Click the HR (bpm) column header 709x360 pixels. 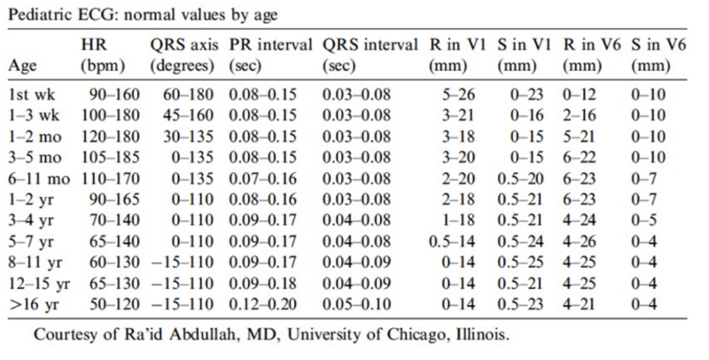(103, 55)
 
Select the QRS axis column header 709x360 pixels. (184, 55)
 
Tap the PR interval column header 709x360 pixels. (271, 55)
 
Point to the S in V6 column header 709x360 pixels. (658, 55)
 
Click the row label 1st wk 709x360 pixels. (32, 95)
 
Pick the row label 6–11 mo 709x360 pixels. (39, 179)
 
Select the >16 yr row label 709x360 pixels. (34, 304)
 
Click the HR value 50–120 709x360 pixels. (114, 304)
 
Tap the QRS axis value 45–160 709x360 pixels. (188, 115)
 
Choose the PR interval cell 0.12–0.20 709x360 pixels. (262, 304)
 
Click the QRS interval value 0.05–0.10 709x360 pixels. (356, 304)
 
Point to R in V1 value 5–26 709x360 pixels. (458, 95)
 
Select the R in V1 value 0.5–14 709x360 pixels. (452, 241)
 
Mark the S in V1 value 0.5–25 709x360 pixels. (520, 262)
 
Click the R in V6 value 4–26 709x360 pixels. (580, 241)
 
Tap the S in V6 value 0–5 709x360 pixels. (644, 221)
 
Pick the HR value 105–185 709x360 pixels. (110, 157)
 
